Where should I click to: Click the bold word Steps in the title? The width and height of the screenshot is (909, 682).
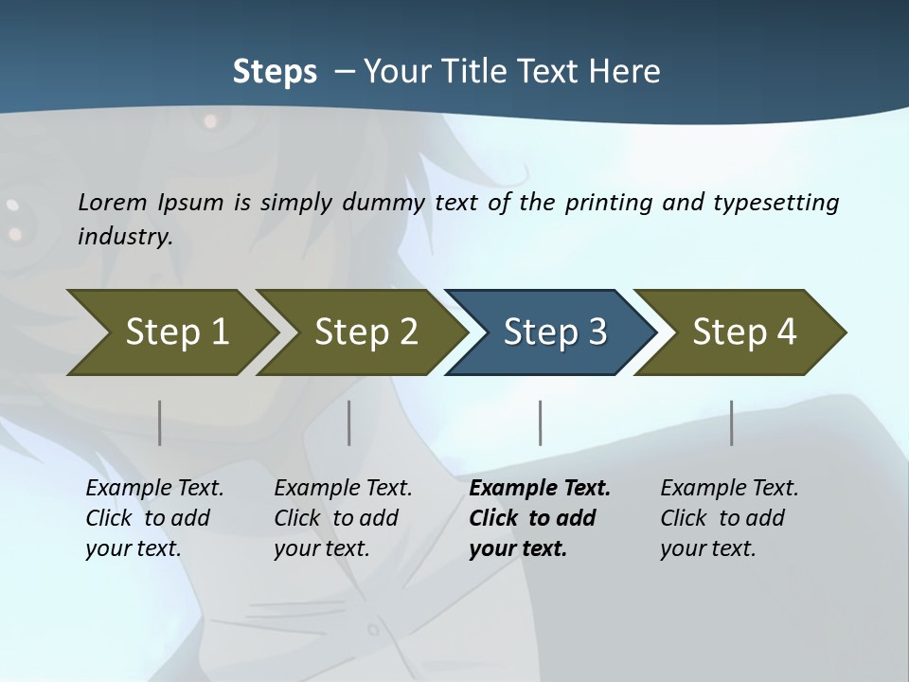click(275, 72)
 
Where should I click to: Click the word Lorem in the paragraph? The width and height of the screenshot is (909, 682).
click(113, 203)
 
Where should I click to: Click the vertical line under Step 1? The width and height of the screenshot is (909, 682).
click(160, 422)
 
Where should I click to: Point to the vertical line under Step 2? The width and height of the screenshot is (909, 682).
click(349, 422)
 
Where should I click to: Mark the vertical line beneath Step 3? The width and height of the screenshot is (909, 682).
click(540, 422)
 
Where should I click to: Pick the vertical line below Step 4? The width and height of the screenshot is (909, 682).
click(731, 422)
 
